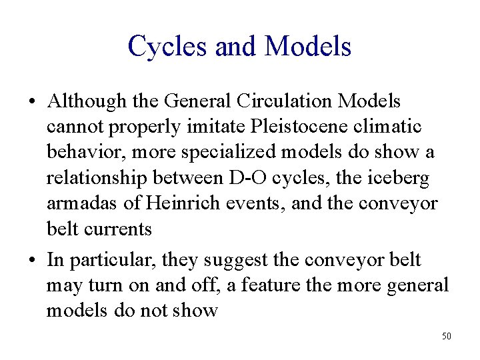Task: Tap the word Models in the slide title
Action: click(307, 46)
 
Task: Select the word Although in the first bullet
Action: click(87, 101)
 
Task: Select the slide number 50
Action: click(446, 336)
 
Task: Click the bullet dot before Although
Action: click(32, 103)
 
